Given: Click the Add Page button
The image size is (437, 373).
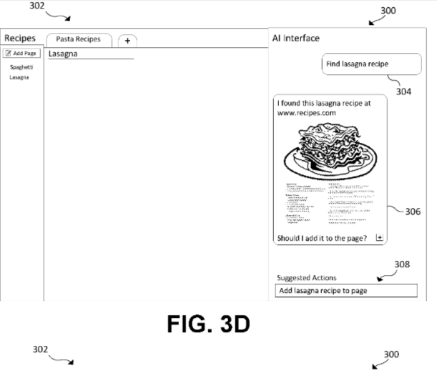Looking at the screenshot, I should [x=21, y=53].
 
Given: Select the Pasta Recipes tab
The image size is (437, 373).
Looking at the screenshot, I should [x=78, y=39].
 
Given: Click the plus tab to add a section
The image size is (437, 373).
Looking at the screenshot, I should [x=127, y=41].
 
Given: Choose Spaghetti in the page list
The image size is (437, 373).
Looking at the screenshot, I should [x=21, y=66].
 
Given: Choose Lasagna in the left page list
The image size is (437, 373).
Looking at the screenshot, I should [x=19, y=77].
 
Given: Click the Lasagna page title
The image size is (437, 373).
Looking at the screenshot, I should [x=63, y=54].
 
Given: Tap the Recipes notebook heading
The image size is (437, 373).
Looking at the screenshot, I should [x=20, y=38].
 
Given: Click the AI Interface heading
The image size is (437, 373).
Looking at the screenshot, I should [x=295, y=38].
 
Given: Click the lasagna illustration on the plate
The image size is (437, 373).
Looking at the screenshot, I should [x=330, y=151].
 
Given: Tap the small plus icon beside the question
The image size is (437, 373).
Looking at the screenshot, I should [x=380, y=237].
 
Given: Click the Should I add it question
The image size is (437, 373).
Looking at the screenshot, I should [x=323, y=238].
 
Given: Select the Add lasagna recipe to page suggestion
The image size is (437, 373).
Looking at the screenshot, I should [x=345, y=291].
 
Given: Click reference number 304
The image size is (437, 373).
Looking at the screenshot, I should [x=403, y=92].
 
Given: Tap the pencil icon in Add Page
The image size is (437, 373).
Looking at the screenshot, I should [x=9, y=53].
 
